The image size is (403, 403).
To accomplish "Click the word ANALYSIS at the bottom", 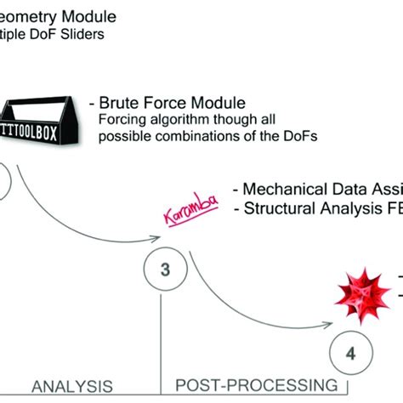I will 71,387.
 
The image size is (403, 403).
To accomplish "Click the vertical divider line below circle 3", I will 161,340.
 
